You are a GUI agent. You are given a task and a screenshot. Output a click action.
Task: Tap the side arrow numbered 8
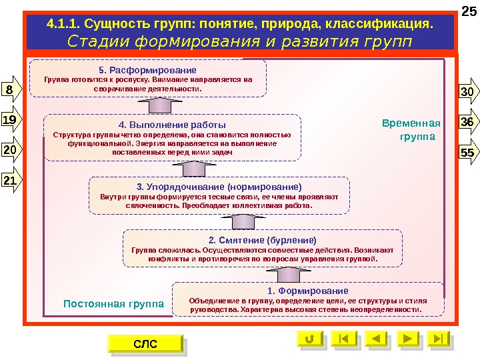[11, 89]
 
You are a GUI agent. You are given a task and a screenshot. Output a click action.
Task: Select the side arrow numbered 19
[11, 120]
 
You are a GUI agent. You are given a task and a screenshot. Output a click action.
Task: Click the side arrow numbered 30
[467, 91]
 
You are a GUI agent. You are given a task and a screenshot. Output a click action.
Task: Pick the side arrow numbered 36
[467, 122]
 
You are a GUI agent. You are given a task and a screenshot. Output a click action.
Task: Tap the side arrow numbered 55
[467, 153]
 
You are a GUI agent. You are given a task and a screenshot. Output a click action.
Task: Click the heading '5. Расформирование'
[147, 69]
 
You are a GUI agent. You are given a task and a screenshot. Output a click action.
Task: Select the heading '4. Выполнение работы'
[172, 124]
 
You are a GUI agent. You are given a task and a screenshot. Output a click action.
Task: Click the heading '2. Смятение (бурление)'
[263, 239]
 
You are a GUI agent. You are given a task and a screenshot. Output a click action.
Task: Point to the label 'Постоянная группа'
[113, 304]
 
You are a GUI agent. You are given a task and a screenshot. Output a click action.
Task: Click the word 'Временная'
[411, 123]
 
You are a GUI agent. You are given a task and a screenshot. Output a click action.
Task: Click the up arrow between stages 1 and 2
[282, 273]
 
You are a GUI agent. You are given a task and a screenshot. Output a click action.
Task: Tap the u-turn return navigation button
[307, 339]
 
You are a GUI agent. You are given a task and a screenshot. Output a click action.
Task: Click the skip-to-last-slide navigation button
[437, 339]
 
